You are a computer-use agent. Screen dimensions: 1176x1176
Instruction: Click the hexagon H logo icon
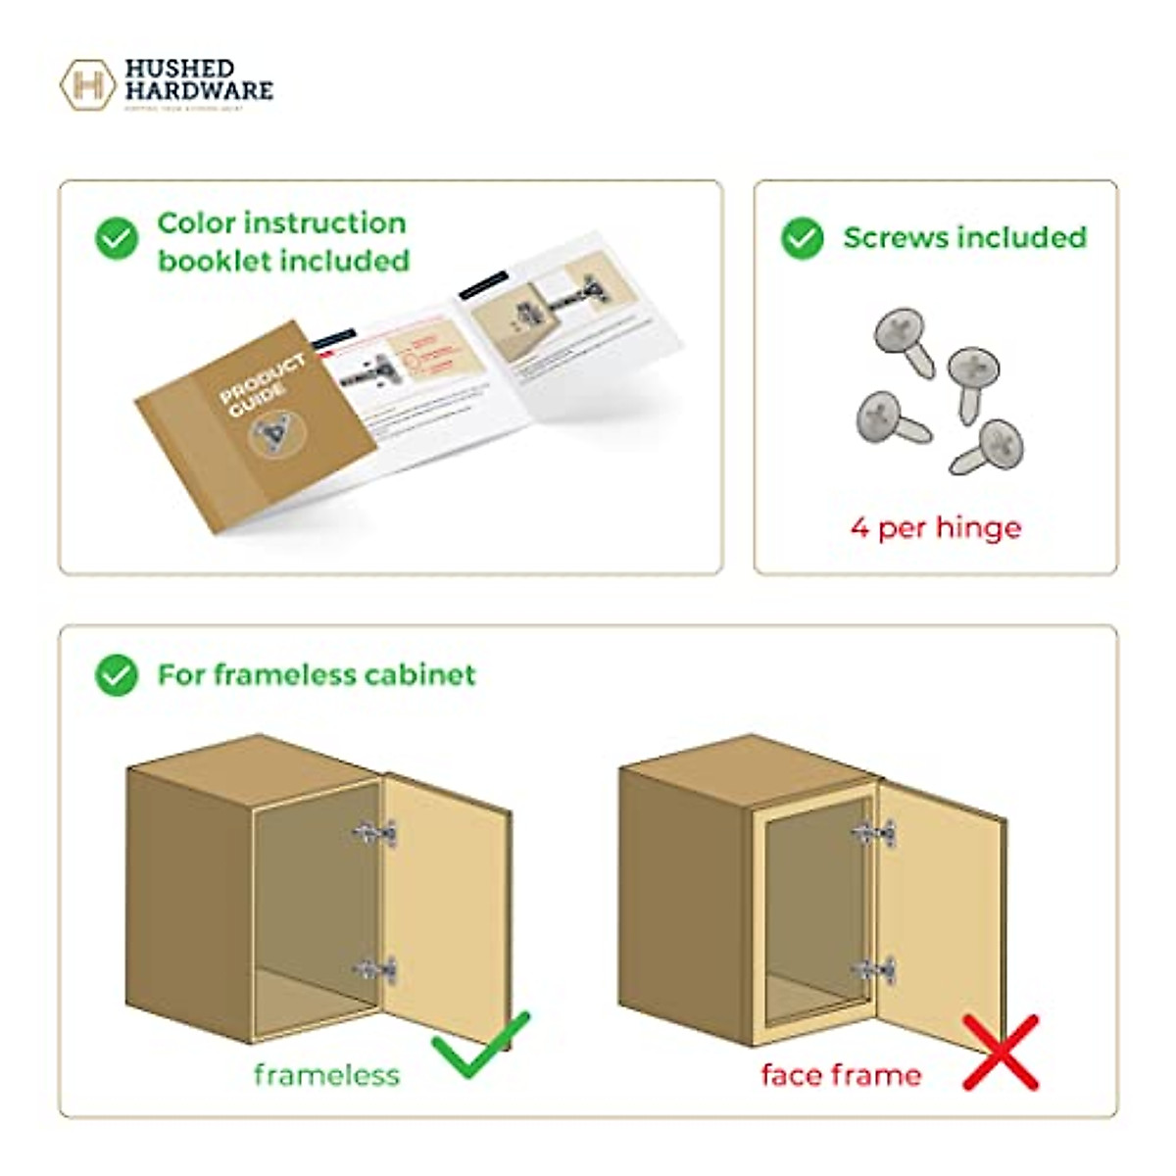coord(87,84)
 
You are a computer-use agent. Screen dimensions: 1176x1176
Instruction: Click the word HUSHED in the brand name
coord(179,69)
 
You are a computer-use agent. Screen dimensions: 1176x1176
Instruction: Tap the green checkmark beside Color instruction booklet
coord(117,238)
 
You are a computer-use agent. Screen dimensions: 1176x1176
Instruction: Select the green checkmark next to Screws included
coord(802,238)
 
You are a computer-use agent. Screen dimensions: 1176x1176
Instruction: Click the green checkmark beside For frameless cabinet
coord(117,675)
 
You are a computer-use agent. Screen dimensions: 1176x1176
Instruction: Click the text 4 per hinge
coord(935,527)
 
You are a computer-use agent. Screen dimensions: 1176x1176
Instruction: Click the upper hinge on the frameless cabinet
coord(375,833)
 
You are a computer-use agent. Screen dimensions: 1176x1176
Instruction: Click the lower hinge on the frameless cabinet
coord(375,970)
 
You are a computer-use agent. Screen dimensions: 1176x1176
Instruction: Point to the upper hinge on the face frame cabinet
coord(873,834)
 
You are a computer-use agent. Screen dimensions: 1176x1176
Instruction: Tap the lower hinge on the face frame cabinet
coord(873,970)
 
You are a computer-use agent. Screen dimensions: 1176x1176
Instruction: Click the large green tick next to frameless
coord(480,1046)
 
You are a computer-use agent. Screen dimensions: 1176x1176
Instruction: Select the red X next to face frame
coord(1000,1052)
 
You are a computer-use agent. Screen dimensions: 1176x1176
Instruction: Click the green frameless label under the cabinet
coord(326,1075)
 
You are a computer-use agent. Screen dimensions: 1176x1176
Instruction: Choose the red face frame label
coord(841,1075)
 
